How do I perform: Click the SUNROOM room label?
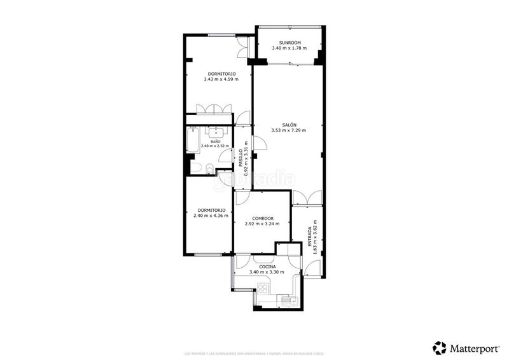point(289,43)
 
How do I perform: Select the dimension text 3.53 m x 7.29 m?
point(289,131)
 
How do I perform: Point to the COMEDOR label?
point(263,218)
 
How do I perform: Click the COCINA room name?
point(267,267)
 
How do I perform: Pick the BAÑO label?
point(215,141)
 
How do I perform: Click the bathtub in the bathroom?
point(193,141)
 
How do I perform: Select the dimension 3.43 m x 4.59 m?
point(221,80)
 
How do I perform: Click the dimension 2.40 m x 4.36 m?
point(210,216)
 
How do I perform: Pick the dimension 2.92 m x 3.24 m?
point(263,224)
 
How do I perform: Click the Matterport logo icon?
point(439,347)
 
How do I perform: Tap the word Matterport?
point(474,348)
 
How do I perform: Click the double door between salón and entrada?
point(307,198)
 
